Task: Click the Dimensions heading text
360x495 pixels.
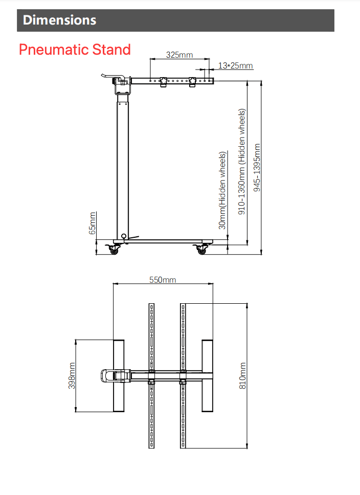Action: (x=59, y=20)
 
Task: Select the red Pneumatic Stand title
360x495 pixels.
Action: (x=75, y=50)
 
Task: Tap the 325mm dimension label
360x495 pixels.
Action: (x=179, y=55)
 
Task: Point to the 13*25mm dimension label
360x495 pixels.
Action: (x=235, y=65)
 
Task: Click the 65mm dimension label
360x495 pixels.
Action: (x=93, y=223)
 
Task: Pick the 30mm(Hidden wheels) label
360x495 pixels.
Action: (x=222, y=190)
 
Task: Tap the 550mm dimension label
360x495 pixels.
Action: (x=163, y=280)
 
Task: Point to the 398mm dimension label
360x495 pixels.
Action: (x=72, y=376)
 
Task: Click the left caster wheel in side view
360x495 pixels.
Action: (x=114, y=250)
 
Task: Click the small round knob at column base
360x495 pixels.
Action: (x=123, y=236)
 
